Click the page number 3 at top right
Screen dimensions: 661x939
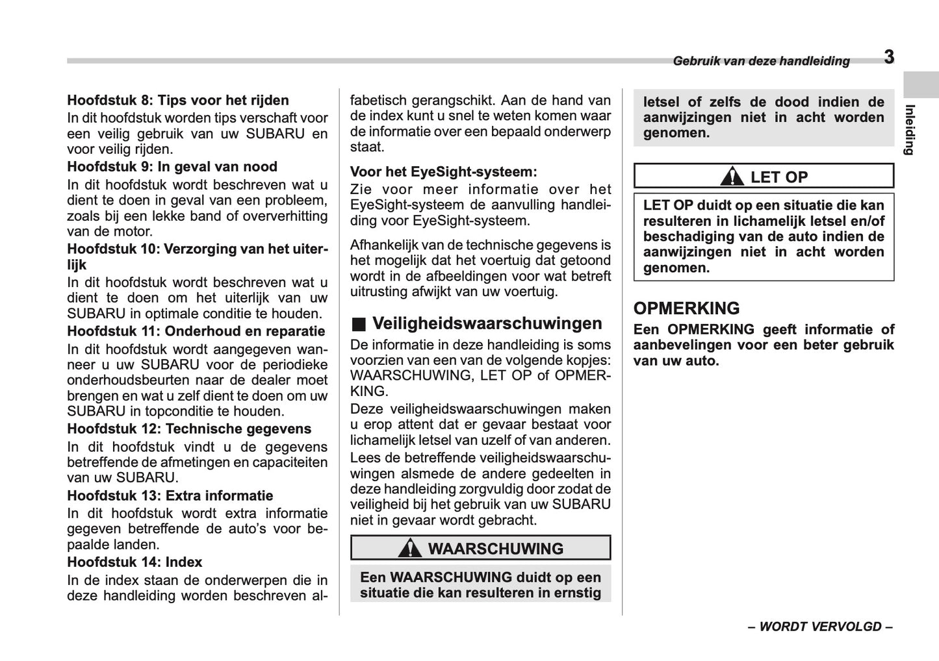(x=888, y=57)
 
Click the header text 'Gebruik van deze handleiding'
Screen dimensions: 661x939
(x=761, y=61)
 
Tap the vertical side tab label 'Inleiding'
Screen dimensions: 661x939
(x=910, y=129)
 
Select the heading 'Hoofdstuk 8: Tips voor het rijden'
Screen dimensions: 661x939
(x=178, y=100)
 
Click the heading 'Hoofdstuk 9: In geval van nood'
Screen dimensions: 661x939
(x=172, y=166)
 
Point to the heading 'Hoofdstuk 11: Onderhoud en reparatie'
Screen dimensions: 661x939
(x=196, y=330)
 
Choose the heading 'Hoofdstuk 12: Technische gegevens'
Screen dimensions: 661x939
(x=189, y=429)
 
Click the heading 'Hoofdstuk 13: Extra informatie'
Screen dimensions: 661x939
(x=170, y=495)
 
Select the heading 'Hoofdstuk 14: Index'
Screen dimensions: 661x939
(x=135, y=562)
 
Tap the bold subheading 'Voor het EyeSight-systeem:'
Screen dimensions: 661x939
(x=444, y=172)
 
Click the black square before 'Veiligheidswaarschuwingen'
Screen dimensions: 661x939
(x=358, y=324)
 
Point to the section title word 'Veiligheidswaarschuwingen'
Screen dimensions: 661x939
(x=487, y=323)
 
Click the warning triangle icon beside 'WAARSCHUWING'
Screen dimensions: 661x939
(x=409, y=549)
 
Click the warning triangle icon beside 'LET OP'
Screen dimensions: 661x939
(x=732, y=177)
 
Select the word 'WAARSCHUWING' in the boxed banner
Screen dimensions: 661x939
(x=495, y=549)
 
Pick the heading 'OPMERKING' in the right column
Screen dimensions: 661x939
(x=686, y=308)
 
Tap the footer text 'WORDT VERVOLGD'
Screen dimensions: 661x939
(x=820, y=627)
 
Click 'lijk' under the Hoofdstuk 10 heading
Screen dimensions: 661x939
(x=77, y=264)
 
